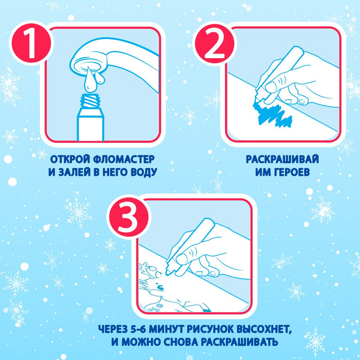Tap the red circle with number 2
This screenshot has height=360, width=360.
[x=214, y=44]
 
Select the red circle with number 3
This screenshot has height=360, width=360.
[x=129, y=217]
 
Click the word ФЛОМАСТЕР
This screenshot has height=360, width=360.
[x=124, y=159]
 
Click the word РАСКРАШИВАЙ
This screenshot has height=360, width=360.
[x=283, y=159]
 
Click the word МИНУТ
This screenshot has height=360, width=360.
[x=166, y=329]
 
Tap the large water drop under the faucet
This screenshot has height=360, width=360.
[x=89, y=81]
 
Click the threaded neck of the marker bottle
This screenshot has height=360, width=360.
[x=91, y=101]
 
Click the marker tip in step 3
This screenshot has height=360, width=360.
[x=168, y=272]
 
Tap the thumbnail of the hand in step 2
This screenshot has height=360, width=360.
[x=271, y=86]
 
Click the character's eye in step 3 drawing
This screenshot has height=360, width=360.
[x=160, y=288]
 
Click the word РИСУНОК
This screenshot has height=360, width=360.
[x=208, y=329]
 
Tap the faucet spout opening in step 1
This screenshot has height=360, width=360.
[x=88, y=66]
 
